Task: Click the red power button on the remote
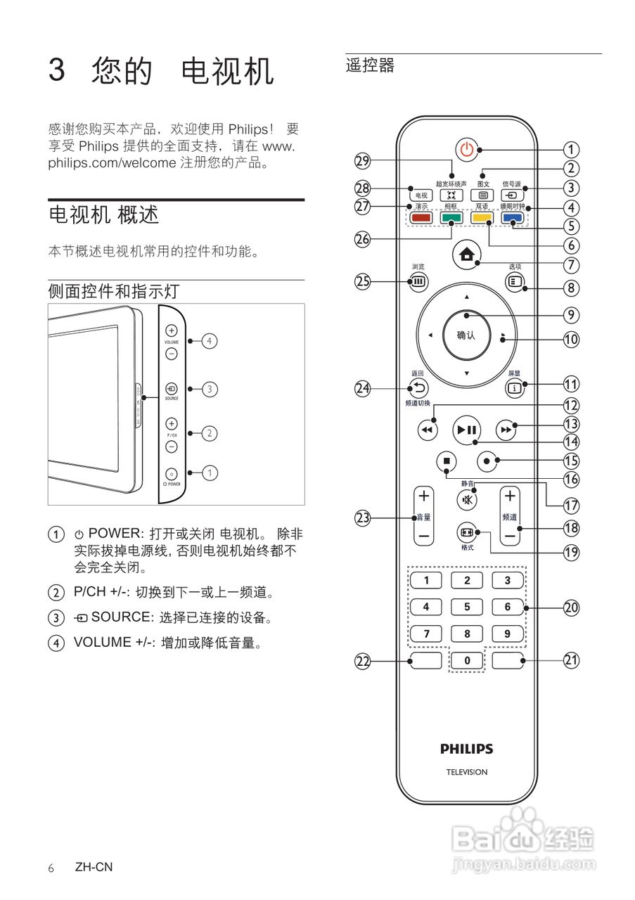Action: point(467,149)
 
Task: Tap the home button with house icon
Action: point(466,256)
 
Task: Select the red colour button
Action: point(421,218)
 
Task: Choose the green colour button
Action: point(451,218)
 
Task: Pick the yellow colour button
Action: point(482,218)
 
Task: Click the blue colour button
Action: point(513,218)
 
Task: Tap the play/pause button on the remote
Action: point(466,430)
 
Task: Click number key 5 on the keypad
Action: point(467,607)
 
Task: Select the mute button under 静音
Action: point(467,501)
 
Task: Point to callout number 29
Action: point(362,161)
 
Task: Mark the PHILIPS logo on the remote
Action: point(467,749)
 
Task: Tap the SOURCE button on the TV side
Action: point(172,388)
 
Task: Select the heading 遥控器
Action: point(370,66)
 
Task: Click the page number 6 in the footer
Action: point(51,868)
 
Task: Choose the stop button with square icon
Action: point(446,461)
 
